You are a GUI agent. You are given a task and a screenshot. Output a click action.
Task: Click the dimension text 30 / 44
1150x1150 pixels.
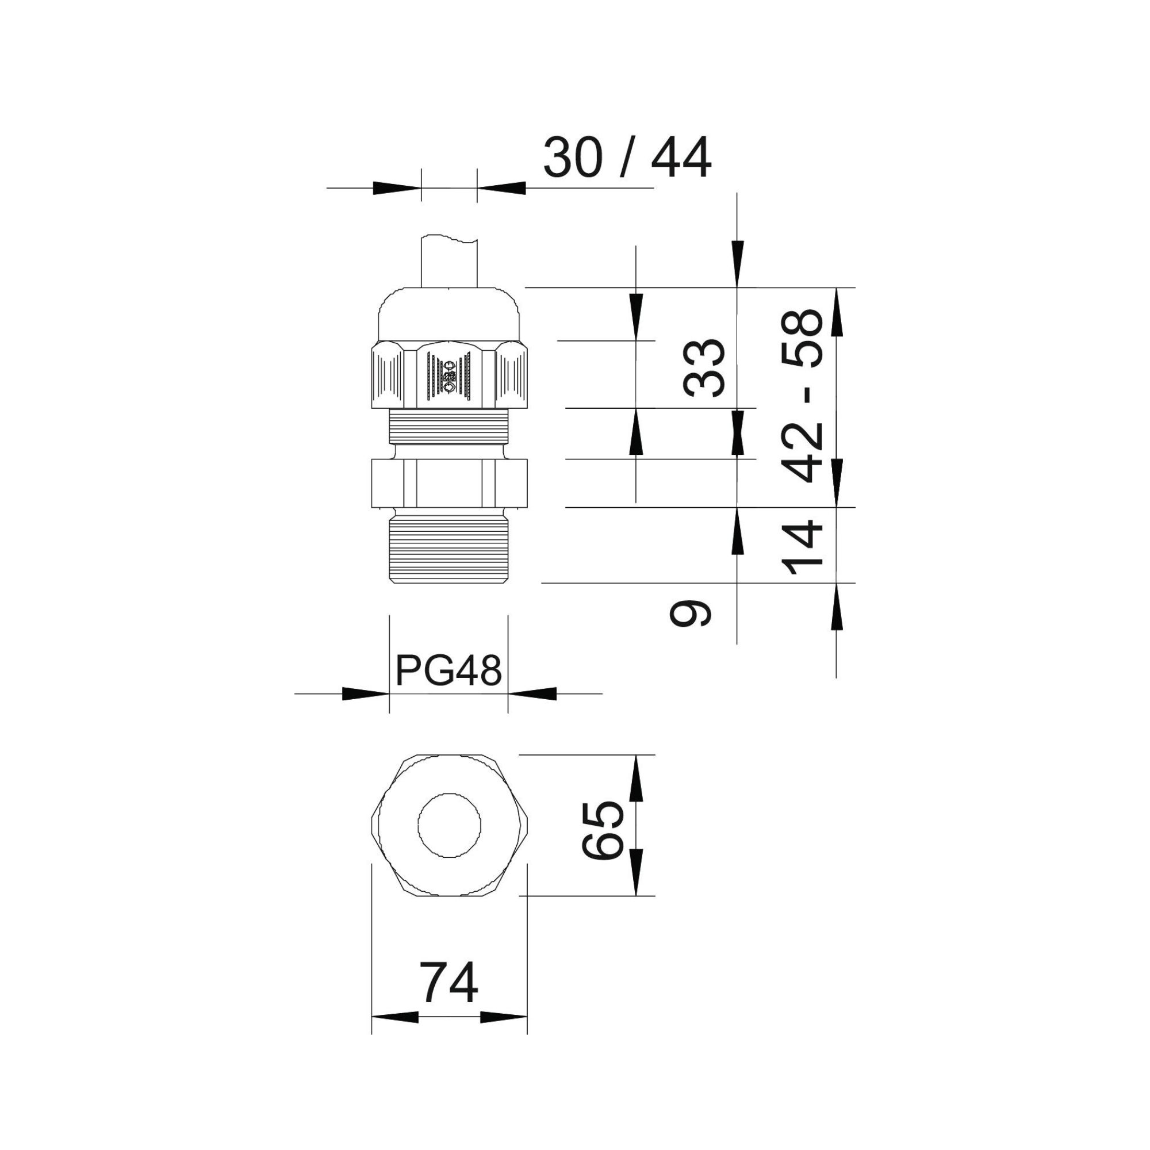[627, 158]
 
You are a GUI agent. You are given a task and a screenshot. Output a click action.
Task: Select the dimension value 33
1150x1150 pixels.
[705, 368]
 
